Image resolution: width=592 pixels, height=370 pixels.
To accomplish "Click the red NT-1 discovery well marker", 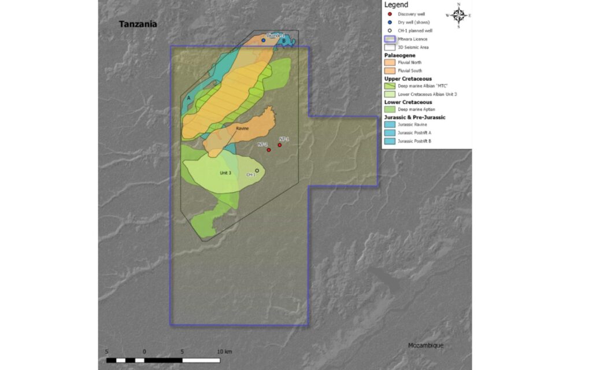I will point(280,145).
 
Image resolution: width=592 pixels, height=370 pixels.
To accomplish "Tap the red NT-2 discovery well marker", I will point(269,150).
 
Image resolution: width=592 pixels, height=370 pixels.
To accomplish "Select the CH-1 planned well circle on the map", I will point(257,171).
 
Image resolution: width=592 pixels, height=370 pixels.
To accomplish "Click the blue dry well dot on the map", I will point(264,40).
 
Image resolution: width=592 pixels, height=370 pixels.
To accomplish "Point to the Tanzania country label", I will point(138,24).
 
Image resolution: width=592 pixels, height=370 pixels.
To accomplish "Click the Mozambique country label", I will point(425,345).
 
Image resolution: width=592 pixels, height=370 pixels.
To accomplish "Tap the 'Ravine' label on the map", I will point(242,128).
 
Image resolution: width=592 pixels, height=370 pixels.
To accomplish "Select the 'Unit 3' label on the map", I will point(225,173).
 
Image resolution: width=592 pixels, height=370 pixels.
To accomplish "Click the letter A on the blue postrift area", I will point(189,98).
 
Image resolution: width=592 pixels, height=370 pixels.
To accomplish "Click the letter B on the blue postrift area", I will point(284,40).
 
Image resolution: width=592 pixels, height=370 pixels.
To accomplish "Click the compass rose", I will point(458,16).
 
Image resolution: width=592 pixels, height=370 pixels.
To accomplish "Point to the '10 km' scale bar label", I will point(224,351).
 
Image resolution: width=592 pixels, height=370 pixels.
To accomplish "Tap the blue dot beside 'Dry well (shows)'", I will point(390,22).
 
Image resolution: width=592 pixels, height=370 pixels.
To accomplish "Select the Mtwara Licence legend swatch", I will point(390,39).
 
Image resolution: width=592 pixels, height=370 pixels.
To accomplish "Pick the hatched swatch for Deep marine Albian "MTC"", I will point(390,86).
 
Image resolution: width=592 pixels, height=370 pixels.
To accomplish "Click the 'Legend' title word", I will point(396,5).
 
